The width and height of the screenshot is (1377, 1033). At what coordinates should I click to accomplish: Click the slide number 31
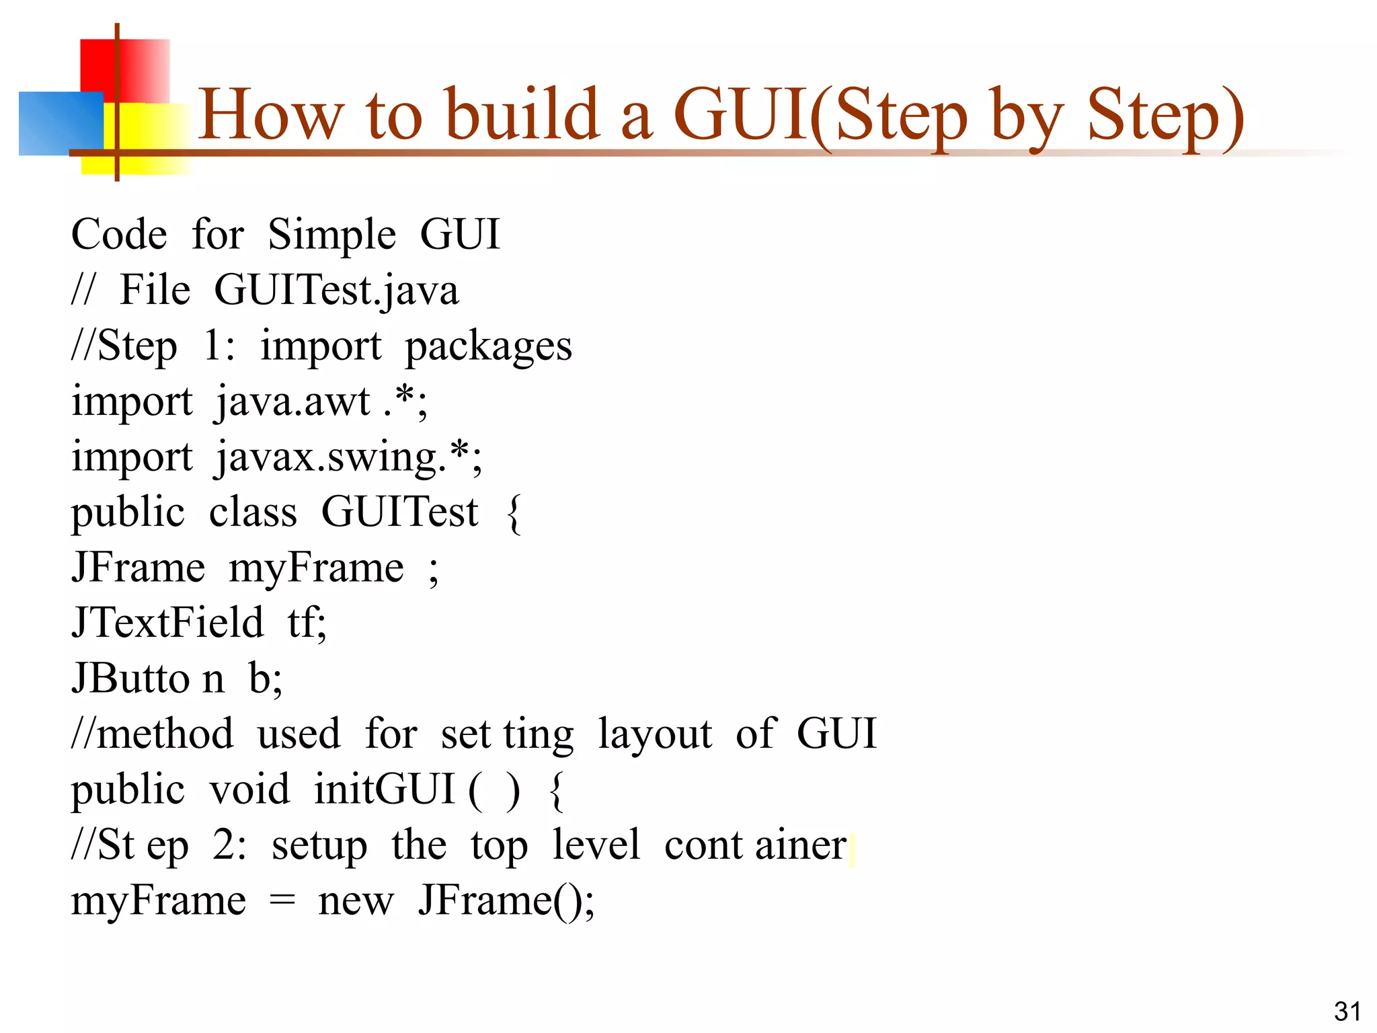tap(1347, 1011)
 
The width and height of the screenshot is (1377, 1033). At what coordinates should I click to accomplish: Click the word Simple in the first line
tap(332, 235)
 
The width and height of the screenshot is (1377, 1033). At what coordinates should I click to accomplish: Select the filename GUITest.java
tap(336, 291)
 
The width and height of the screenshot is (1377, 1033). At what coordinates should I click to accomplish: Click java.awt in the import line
tap(293, 402)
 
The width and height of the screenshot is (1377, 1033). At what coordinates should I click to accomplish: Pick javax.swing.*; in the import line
tap(348, 458)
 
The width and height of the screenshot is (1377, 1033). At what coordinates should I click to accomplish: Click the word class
tap(253, 512)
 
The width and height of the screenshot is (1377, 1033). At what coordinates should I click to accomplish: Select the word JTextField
tap(167, 623)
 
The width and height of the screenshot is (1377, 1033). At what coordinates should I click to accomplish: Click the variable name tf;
tap(307, 623)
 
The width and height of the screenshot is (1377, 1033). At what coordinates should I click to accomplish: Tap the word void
tap(249, 790)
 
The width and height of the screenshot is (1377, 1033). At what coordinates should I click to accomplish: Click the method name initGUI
tap(385, 790)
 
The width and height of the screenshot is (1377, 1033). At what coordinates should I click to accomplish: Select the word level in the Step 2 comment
tap(596, 845)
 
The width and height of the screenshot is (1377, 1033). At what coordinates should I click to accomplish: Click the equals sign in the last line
tap(282, 901)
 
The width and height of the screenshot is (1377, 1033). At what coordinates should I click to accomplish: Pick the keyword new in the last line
tap(356, 901)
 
